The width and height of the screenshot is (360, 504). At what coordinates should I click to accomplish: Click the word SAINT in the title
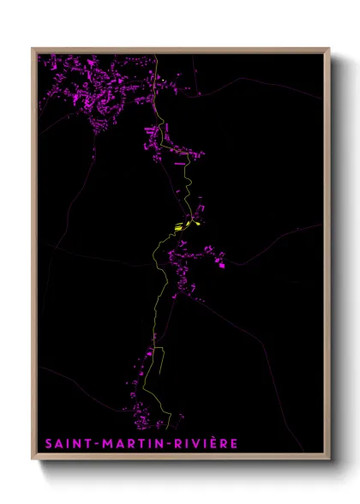[68, 444]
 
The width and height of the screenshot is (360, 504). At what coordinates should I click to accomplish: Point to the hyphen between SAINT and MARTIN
[95, 444]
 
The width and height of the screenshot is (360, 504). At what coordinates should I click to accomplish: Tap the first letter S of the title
[48, 444]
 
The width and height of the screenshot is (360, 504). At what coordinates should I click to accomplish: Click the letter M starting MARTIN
[106, 444]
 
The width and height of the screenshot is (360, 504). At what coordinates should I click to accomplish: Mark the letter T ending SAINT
[87, 444]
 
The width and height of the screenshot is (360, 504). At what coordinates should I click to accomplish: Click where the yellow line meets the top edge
[156, 55]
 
